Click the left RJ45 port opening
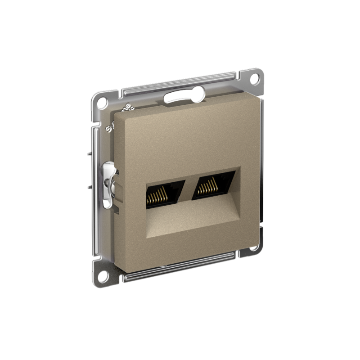pyautogui.click(x=164, y=194)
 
